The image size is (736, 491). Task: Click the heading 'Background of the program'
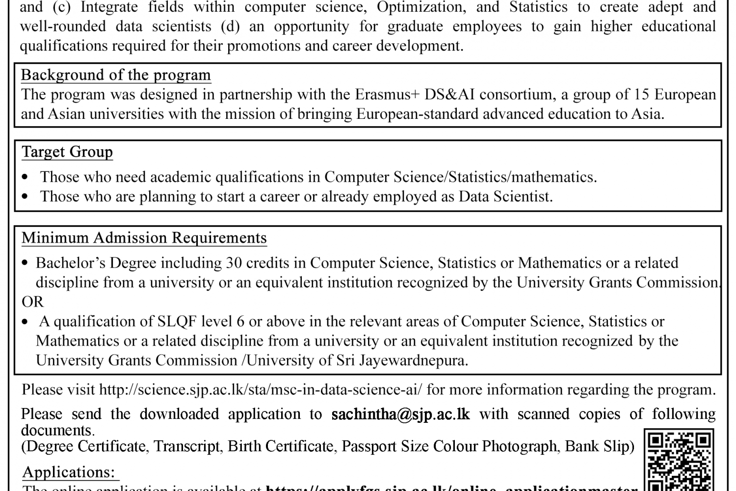click(116, 75)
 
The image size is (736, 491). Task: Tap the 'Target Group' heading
click(67, 152)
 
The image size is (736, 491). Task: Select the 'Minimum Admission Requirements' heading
click(144, 238)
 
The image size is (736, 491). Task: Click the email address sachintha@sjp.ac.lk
click(400, 414)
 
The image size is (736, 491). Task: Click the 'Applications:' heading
click(69, 472)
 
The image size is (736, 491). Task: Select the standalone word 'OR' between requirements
click(33, 301)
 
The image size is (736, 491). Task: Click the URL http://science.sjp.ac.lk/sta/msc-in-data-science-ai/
click(260, 390)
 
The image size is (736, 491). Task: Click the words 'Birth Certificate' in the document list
click(280, 446)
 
